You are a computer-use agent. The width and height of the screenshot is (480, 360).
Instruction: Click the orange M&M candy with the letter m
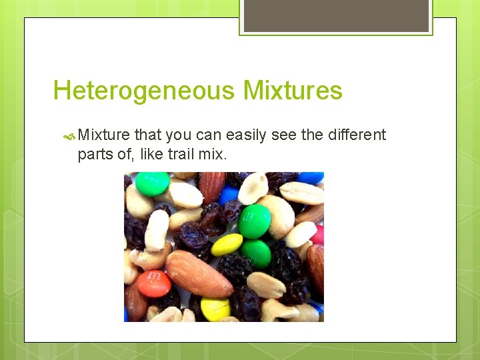click(x=153, y=283)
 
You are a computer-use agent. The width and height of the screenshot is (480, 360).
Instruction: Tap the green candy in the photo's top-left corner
click(x=153, y=183)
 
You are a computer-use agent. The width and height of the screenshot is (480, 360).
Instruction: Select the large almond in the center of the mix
click(x=198, y=273)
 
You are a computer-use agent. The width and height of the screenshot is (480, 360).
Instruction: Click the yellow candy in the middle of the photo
click(x=227, y=245)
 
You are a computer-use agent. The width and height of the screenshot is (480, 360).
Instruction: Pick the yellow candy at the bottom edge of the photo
click(x=215, y=309)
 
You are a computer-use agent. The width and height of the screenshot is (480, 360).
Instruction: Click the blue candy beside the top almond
click(x=229, y=194)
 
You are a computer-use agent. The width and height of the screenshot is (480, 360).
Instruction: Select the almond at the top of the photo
click(x=213, y=187)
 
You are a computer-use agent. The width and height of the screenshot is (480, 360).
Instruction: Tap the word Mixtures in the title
click(x=293, y=91)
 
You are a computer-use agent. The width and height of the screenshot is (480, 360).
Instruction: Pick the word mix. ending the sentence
click(x=213, y=154)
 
